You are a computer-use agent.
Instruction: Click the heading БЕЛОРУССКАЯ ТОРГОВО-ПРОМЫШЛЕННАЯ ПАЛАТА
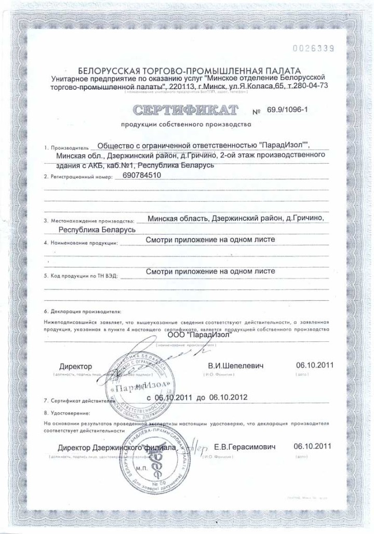(x=189, y=70)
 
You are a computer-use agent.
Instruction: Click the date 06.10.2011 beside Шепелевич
(x=312, y=365)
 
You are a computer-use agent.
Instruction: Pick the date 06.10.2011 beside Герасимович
(x=312, y=446)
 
